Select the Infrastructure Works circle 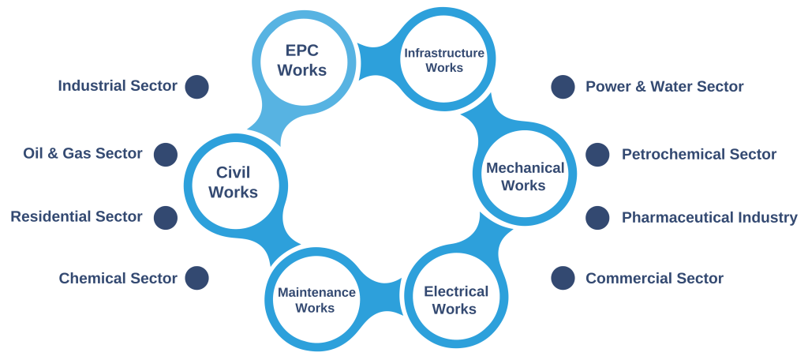click(x=444, y=60)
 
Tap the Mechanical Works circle click(x=524, y=176)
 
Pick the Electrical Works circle click(x=455, y=299)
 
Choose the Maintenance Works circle click(x=316, y=300)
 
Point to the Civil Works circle click(x=234, y=181)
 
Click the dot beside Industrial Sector click(x=196, y=87)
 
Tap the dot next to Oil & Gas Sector click(x=165, y=154)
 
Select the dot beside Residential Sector click(x=165, y=216)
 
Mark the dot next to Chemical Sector click(x=196, y=278)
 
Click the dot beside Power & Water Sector click(x=563, y=87)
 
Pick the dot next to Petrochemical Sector click(x=597, y=155)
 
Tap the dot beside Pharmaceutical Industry click(x=597, y=217)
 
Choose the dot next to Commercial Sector click(x=563, y=278)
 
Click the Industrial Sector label click(x=118, y=86)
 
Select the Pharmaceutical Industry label click(x=709, y=217)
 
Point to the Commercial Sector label click(x=654, y=278)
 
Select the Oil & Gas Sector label click(x=83, y=154)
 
